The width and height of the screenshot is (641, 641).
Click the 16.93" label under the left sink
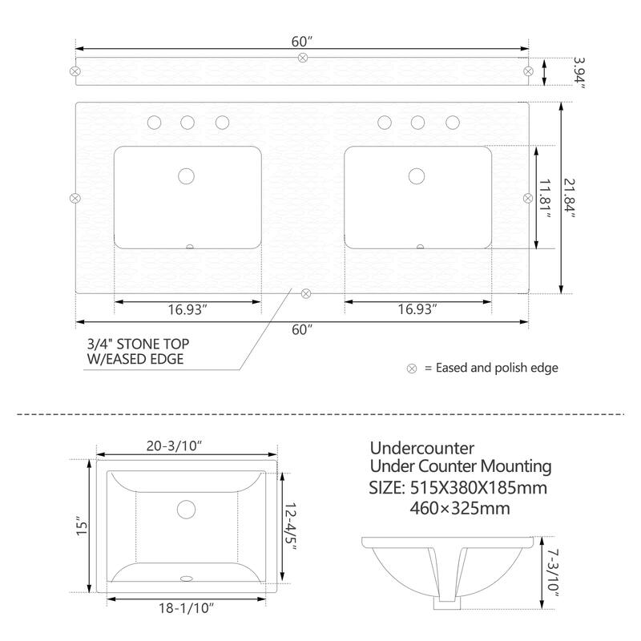pos(188,309)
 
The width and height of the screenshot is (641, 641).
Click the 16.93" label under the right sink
pos(418,309)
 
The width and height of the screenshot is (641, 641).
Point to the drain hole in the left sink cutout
pos(187,175)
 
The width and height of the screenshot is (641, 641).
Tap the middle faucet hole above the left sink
pos(187,123)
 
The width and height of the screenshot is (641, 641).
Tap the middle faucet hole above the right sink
pos(417,123)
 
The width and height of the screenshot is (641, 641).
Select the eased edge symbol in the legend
pos(412,369)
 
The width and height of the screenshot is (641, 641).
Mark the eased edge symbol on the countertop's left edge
pos(74,198)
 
